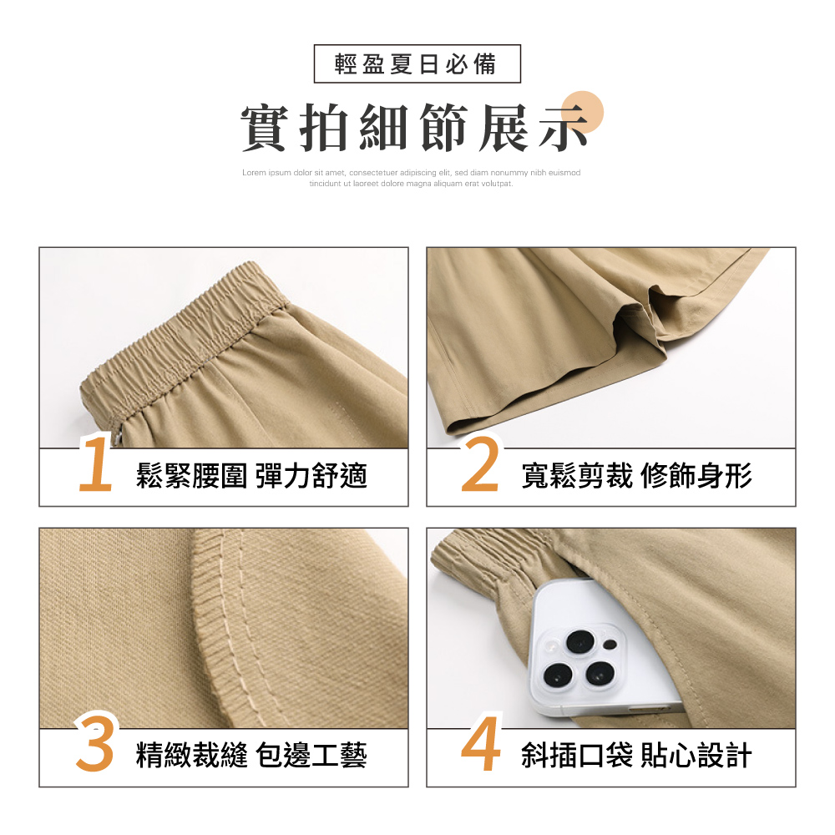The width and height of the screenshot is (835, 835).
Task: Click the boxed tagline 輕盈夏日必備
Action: click(417, 64)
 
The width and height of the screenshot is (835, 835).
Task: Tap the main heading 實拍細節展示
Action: click(415, 128)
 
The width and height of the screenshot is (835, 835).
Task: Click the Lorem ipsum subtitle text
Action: click(411, 178)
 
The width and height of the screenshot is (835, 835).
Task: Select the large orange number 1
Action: click(96, 463)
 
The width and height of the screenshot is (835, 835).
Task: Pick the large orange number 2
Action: click(480, 463)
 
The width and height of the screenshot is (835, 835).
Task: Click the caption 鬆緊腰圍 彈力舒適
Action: click(251, 476)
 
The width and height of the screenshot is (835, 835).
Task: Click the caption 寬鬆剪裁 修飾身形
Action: click(636, 476)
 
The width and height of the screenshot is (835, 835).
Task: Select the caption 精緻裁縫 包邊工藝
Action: click(251, 756)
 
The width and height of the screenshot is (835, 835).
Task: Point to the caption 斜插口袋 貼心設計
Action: click(636, 756)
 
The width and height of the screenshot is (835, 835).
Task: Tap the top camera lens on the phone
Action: click(580, 641)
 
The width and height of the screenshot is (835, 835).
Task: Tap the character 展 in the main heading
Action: click(503, 128)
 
